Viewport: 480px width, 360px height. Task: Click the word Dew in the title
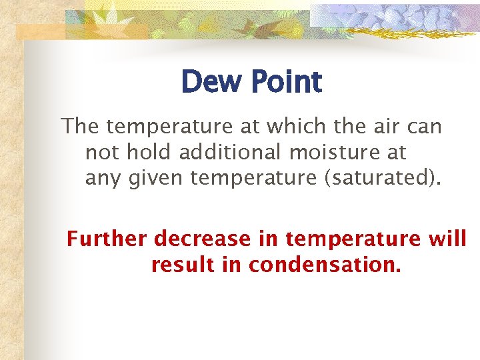point(211,83)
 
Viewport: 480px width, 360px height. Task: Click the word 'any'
point(101,179)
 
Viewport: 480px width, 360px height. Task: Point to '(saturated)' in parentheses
point(376,179)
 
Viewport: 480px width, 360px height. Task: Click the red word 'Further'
point(107,239)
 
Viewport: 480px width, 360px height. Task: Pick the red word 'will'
point(447,239)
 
